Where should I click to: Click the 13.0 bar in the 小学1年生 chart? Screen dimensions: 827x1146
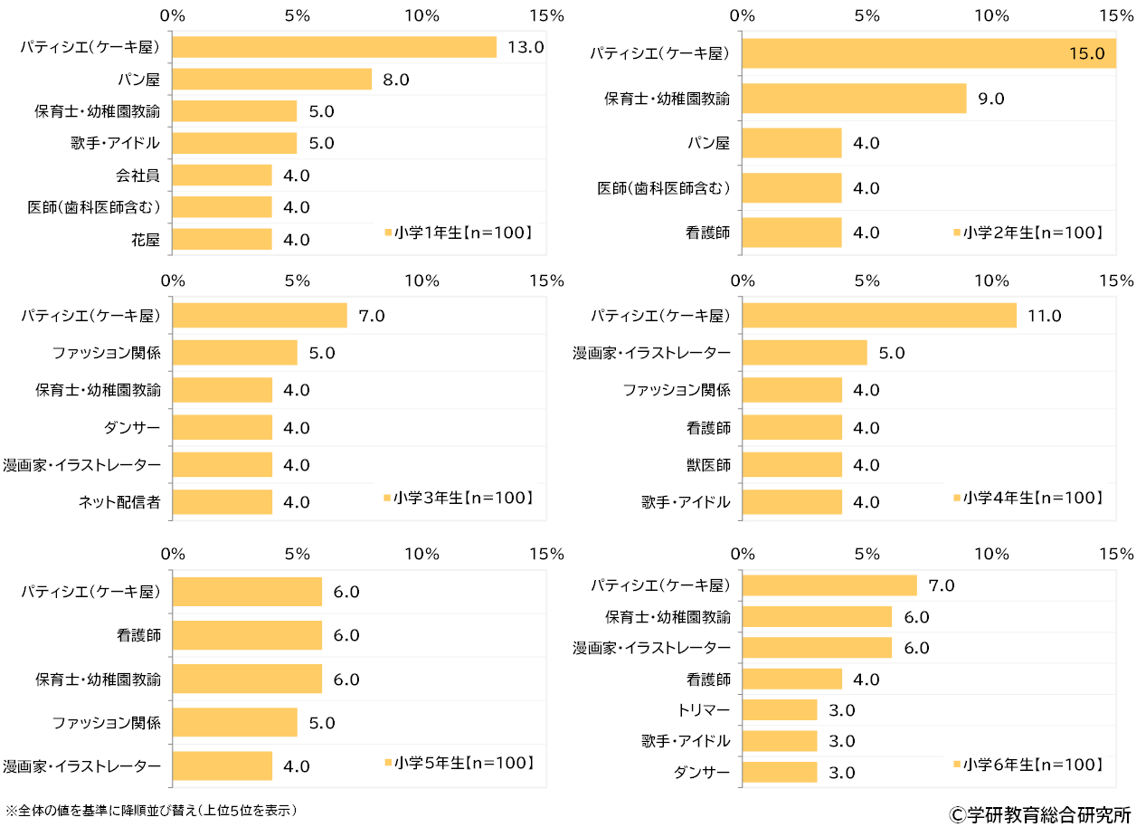(334, 47)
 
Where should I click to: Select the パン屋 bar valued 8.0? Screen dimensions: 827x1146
(271, 80)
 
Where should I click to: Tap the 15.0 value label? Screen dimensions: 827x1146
(1086, 53)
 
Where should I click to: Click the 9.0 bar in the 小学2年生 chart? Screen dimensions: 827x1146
(854, 99)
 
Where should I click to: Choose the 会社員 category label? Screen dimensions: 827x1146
(138, 176)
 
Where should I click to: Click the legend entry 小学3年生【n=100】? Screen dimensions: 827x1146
(458, 498)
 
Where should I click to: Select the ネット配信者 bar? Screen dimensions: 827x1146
(222, 502)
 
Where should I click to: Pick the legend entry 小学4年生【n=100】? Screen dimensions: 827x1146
(1028, 498)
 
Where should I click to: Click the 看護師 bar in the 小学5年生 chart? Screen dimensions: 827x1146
(246, 635)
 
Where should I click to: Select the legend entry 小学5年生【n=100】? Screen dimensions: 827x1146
(458, 763)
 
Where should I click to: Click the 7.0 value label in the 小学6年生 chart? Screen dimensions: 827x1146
(942, 585)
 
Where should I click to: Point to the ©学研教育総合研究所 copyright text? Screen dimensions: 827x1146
(1040, 813)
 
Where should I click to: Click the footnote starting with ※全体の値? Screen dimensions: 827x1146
(151, 809)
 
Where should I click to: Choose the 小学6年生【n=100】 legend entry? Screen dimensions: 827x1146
(1028, 765)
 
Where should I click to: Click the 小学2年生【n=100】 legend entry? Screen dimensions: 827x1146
(1028, 233)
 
